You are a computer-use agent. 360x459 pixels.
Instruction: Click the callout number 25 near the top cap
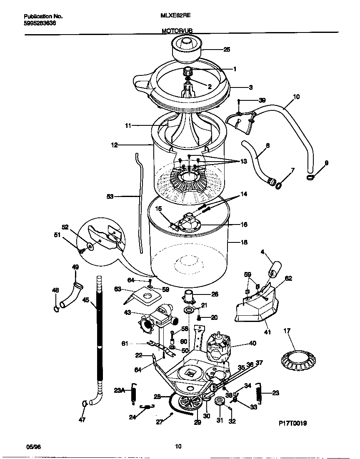pyautogui.click(x=226, y=50)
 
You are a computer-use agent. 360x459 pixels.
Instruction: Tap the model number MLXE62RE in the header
pyautogui.click(x=176, y=16)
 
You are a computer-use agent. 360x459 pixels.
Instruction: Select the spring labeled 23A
pyautogui.click(x=133, y=393)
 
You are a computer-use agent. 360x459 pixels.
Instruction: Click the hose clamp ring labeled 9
pyautogui.click(x=310, y=178)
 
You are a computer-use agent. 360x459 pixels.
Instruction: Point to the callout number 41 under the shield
pyautogui.click(x=267, y=332)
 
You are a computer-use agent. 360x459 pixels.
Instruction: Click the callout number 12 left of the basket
pyautogui.click(x=114, y=145)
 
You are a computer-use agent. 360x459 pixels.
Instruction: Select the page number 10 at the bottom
pyautogui.click(x=178, y=447)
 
